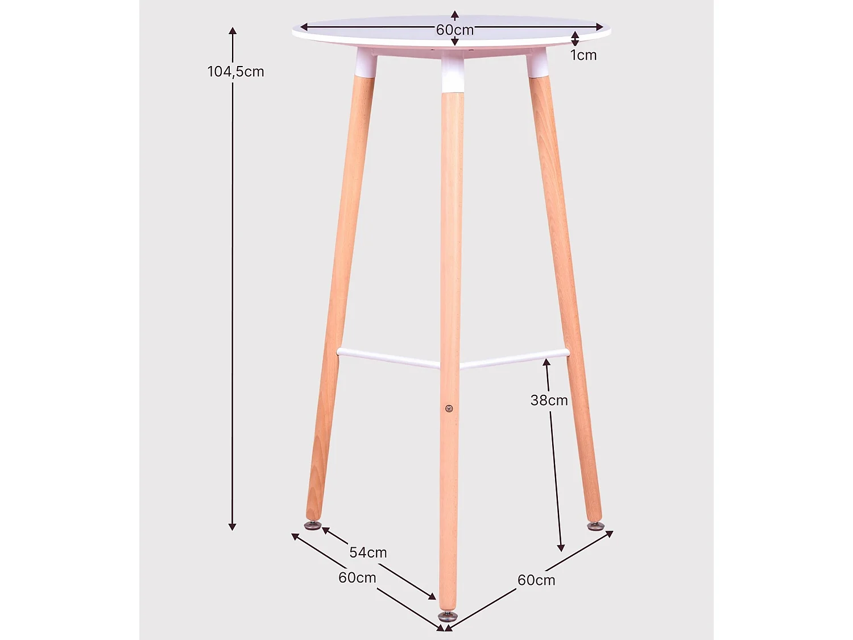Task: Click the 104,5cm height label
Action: coord(235,72)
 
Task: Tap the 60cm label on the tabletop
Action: coord(454,30)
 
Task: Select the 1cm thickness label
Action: coord(583,55)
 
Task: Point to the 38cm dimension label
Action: coord(549,400)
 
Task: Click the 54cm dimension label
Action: coord(368,552)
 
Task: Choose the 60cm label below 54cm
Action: coord(357,577)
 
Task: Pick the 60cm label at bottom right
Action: coord(536,580)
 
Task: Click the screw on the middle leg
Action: coord(449,408)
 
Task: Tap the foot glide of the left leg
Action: coord(313,525)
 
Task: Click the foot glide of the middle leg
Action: coord(447,616)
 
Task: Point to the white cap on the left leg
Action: coord(365,63)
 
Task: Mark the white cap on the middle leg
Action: coord(453,75)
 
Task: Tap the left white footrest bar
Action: coord(388,358)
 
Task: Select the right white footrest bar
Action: coord(514,358)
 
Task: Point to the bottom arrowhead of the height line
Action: coord(232,526)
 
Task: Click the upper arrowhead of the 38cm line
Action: coord(546,362)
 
